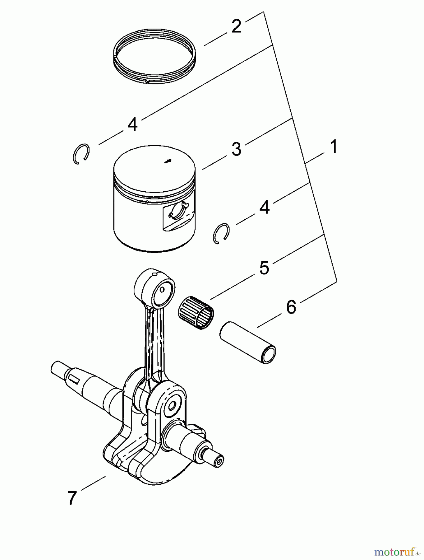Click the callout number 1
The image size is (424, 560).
(334, 147)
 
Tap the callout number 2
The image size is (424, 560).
(236, 26)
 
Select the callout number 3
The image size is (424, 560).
(236, 149)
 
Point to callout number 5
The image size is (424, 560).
(264, 268)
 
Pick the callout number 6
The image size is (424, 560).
(291, 307)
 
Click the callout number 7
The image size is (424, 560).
(72, 497)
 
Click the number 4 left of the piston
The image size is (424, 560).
(132, 124)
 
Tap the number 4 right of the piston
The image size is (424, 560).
(264, 207)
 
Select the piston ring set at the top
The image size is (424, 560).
(154, 57)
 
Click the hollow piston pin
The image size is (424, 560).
(248, 342)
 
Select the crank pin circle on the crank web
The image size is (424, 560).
(171, 405)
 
